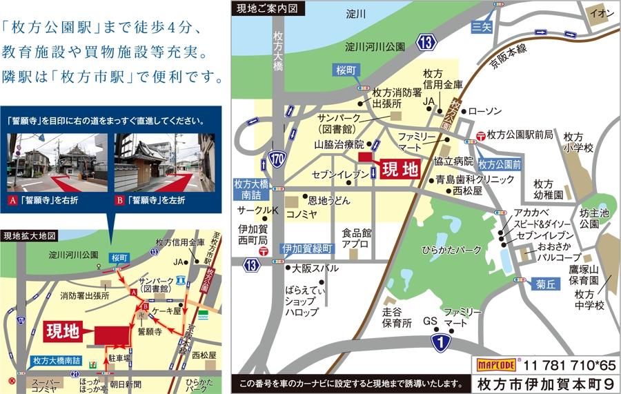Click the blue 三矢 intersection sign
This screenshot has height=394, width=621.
tap(481, 28)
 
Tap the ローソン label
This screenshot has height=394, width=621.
tap(489, 110)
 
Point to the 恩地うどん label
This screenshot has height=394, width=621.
tap(329, 200)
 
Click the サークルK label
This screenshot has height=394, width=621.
tap(257, 210)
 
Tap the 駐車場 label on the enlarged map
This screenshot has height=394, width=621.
tap(119, 358)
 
